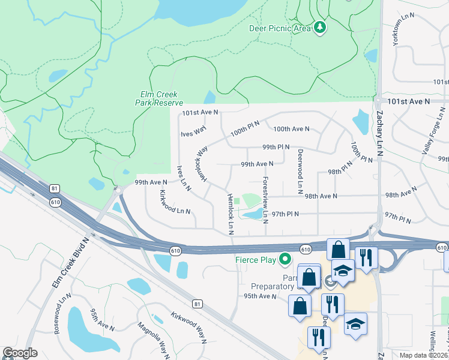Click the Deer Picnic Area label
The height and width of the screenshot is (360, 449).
pos(280,28)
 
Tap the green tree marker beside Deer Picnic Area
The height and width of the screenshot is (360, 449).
pos(320,28)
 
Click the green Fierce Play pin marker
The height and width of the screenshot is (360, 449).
pos(285,260)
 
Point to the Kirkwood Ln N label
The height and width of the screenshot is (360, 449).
pos(175,202)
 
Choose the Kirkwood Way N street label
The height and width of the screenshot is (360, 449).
pos(188,328)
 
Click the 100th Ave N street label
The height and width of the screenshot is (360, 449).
pos(291,129)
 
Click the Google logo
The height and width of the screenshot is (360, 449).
pos(20,353)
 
